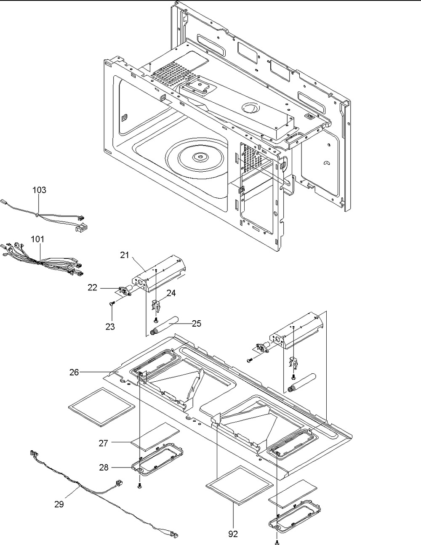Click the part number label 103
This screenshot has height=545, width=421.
pyautogui.click(x=40, y=190)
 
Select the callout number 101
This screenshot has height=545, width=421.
pyautogui.click(x=37, y=239)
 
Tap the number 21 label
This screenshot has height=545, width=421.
pyautogui.click(x=125, y=255)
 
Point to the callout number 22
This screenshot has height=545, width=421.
pyautogui.click(x=92, y=287)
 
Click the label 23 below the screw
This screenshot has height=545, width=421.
pyautogui.click(x=110, y=327)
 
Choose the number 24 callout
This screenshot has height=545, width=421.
pyautogui.click(x=171, y=293)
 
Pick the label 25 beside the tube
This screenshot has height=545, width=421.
pyautogui.click(x=197, y=324)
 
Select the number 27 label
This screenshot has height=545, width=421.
pyautogui.click(x=104, y=443)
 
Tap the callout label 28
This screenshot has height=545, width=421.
pyautogui.click(x=104, y=467)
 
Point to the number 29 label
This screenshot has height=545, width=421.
pyautogui.click(x=59, y=504)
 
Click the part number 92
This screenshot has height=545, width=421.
pyautogui.click(x=233, y=534)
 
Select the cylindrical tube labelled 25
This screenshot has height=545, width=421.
pyautogui.click(x=164, y=326)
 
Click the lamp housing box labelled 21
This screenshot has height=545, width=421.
pyautogui.click(x=159, y=274)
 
